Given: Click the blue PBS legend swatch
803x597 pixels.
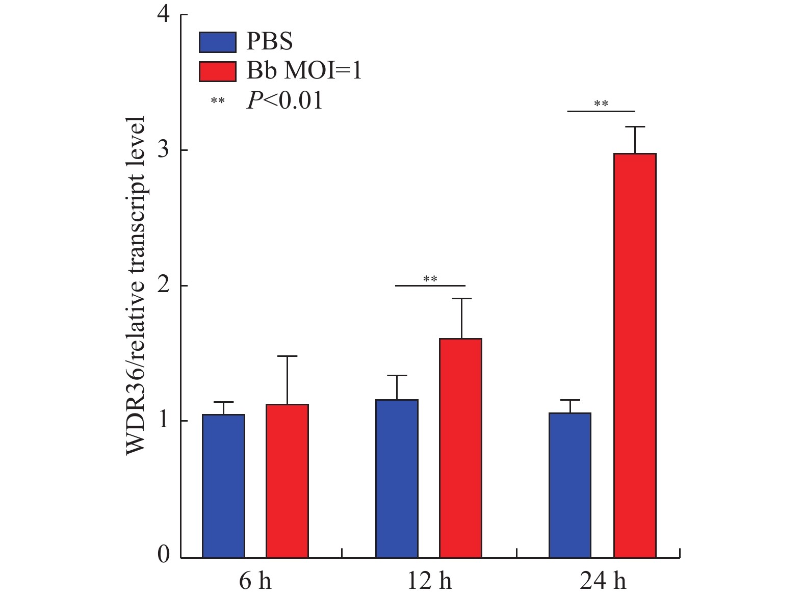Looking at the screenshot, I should click(217, 42).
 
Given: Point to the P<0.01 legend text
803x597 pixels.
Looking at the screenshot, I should click(284, 101).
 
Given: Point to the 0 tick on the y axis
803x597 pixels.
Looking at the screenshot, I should click(164, 555).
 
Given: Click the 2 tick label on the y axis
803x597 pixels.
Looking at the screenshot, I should click(164, 285).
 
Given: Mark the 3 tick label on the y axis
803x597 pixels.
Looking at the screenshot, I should click(164, 150).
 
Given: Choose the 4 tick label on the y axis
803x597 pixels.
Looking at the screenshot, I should click(164, 15).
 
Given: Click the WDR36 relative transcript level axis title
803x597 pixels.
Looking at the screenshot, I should click(136, 285).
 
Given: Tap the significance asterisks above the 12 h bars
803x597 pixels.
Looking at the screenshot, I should click(430, 279).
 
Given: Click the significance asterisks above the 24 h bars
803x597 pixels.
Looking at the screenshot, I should click(601, 105).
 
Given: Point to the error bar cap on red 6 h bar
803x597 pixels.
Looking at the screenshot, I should click(287, 356).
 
